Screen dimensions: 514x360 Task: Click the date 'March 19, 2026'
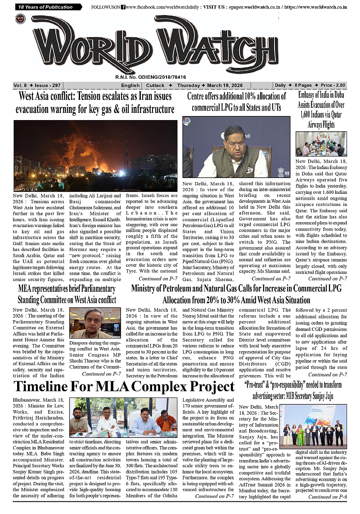(224, 85)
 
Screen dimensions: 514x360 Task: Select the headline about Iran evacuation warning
(95, 103)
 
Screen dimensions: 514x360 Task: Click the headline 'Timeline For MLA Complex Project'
(124, 387)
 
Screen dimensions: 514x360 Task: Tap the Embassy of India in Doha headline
(321, 109)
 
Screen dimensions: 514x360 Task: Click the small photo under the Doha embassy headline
(321, 144)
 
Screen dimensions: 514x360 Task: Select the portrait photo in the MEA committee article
(95, 323)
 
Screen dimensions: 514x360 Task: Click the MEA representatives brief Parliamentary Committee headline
(67, 294)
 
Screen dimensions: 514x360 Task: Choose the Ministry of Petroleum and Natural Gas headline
(236, 294)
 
